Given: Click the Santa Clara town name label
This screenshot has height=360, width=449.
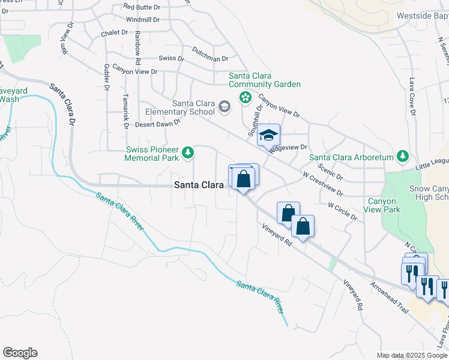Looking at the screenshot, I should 199,185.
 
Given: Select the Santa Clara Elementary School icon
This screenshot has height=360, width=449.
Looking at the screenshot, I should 224,107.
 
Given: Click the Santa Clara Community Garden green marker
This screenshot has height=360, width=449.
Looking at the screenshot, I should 245,97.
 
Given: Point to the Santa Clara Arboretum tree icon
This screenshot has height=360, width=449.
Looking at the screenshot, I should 402,157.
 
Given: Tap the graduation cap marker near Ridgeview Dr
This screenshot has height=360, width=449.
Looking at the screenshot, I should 268,134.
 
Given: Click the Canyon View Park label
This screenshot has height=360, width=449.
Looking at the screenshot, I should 384,205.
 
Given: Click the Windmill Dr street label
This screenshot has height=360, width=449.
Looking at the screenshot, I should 142,20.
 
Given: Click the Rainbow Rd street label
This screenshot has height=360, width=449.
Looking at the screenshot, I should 137,48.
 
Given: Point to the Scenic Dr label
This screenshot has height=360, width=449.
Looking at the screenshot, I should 331,173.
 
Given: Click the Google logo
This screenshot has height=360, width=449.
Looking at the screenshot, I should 20,353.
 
